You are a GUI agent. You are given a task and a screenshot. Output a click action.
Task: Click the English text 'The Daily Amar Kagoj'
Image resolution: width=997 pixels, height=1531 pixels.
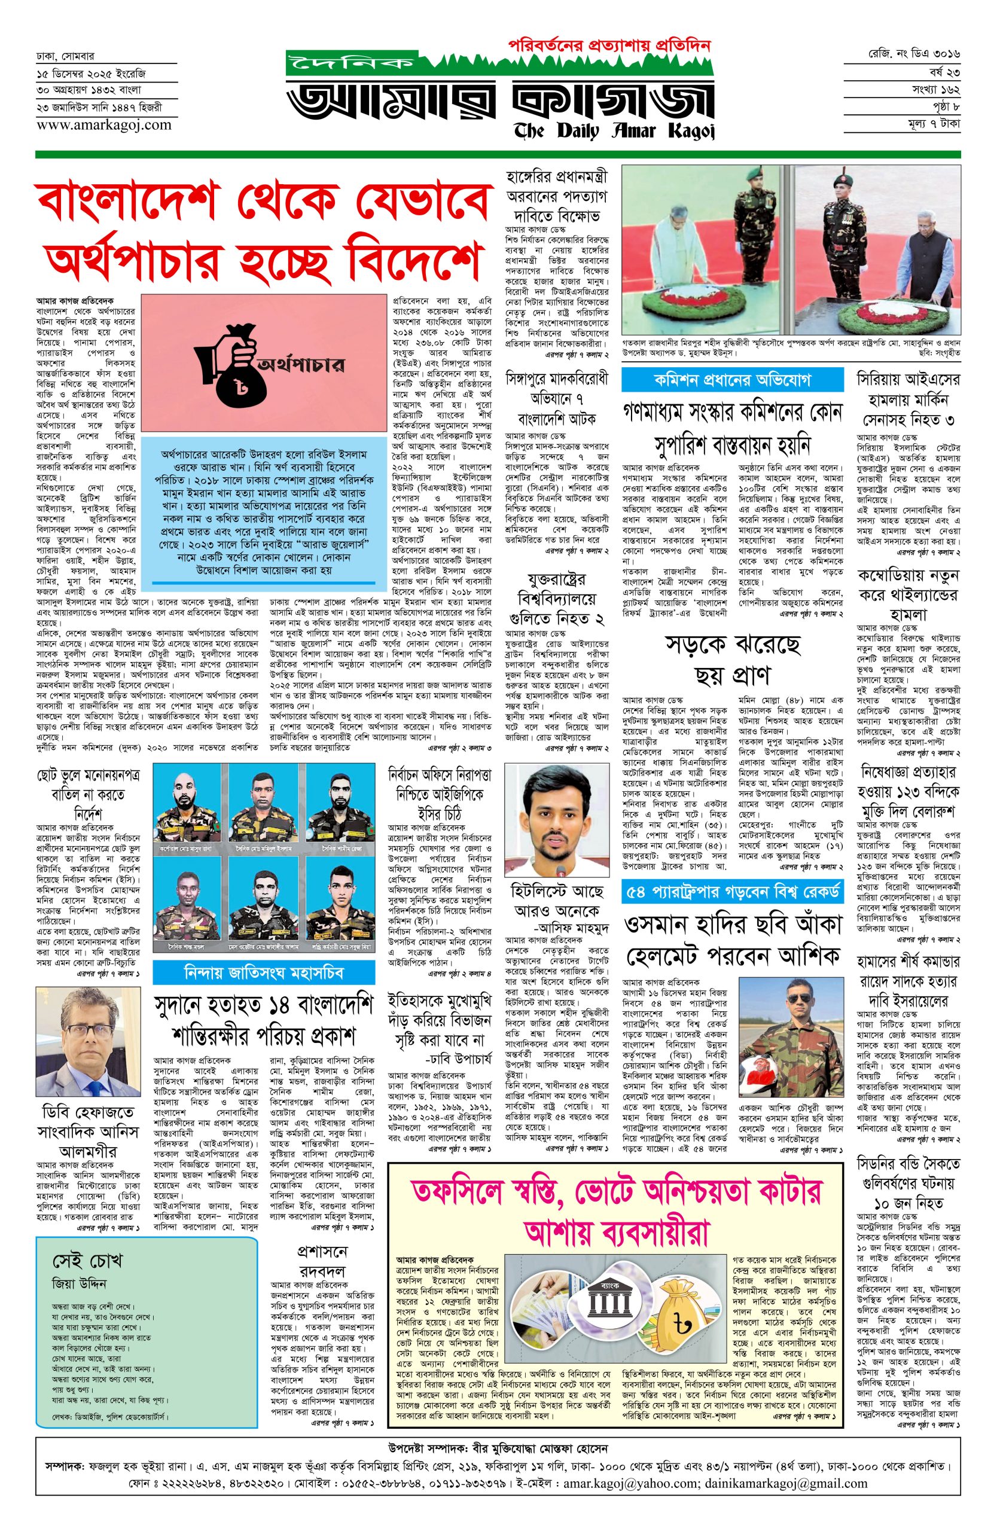(605, 130)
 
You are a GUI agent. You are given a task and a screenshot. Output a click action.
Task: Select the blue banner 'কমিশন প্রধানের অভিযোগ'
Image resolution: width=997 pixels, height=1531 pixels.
(732, 379)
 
